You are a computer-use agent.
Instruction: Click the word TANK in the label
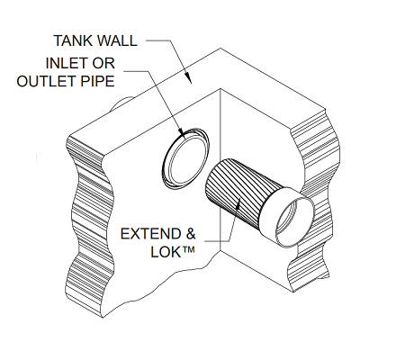tap(72, 40)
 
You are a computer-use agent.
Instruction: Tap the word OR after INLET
tap(103, 63)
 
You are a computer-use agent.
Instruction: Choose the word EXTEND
tap(150, 234)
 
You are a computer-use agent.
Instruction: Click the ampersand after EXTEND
tap(191, 234)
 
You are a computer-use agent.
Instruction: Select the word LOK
tap(166, 252)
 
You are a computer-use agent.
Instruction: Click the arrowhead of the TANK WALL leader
tap(188, 77)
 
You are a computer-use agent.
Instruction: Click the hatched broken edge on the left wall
tap(90, 225)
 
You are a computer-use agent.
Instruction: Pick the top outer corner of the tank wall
tap(220, 48)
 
